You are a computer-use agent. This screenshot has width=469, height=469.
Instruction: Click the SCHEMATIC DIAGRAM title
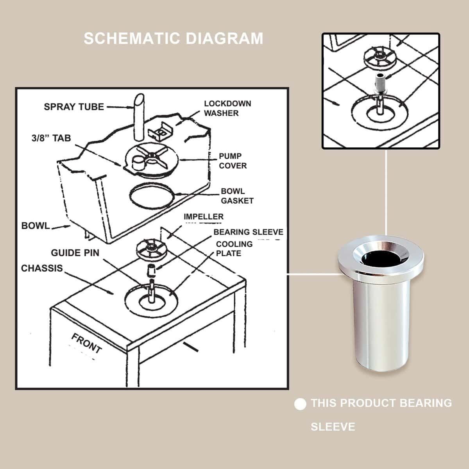(173, 38)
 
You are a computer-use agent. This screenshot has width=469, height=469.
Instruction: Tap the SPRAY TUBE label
(74, 107)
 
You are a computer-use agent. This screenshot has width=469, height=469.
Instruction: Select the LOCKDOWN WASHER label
(227, 108)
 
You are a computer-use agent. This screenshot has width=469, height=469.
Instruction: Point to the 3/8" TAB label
(51, 138)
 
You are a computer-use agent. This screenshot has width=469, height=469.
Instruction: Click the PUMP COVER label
(233, 161)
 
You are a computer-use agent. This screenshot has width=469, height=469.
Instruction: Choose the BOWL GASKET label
(237, 196)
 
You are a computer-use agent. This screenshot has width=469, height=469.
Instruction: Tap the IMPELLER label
(204, 217)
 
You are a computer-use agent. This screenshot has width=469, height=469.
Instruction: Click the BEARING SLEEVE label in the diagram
(249, 232)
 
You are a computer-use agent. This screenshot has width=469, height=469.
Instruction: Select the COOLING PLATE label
(234, 249)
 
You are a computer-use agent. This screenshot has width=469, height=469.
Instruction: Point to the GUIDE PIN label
(75, 253)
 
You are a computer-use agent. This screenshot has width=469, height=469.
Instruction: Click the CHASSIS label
(42, 268)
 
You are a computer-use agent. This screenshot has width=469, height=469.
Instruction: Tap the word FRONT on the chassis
(86, 344)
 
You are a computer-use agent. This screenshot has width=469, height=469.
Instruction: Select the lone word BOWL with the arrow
(36, 226)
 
